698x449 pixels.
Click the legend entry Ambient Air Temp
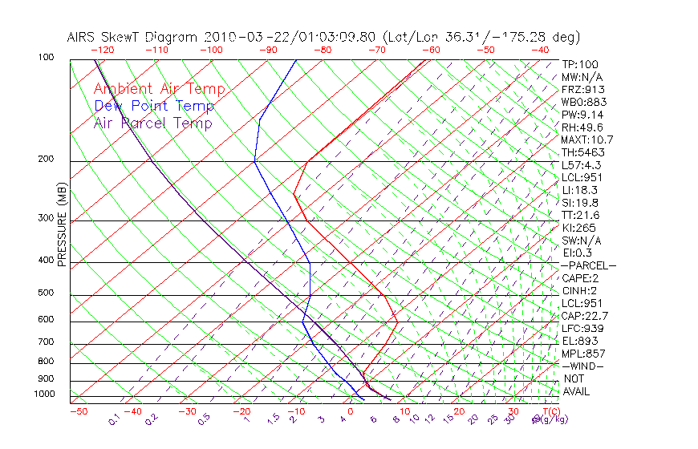tap(159, 89)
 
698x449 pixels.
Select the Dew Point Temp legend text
tap(154, 106)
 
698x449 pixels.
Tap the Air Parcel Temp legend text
tap(152, 123)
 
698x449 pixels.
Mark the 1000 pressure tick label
tap(47, 394)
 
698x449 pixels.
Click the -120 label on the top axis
tap(103, 50)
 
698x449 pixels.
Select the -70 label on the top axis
tap(377, 50)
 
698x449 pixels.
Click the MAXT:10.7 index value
tap(587, 140)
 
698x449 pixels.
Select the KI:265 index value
tap(578, 228)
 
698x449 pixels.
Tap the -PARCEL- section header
tap(588, 265)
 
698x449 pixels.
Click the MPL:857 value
tap(583, 354)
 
